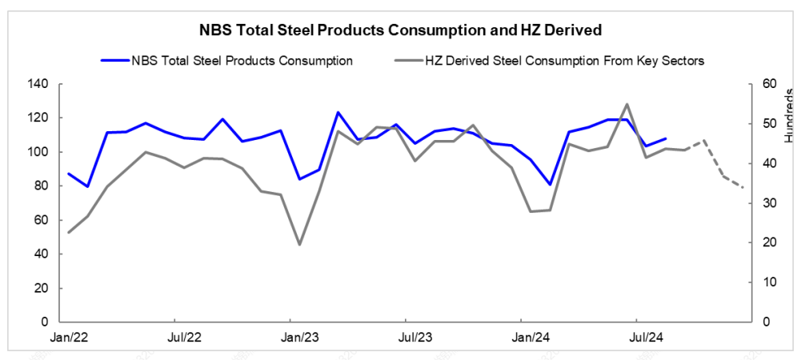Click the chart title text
[x=400, y=30]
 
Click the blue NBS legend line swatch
[x=114, y=60]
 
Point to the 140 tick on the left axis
[x=38, y=84]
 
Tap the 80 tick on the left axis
[x=41, y=186]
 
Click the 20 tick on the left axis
[x=41, y=288]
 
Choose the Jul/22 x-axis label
[x=184, y=338]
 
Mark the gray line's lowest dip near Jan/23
[x=299, y=244]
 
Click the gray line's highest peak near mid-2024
[x=627, y=104]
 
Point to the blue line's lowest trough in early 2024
[x=550, y=185]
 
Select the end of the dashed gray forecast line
[x=743, y=188]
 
